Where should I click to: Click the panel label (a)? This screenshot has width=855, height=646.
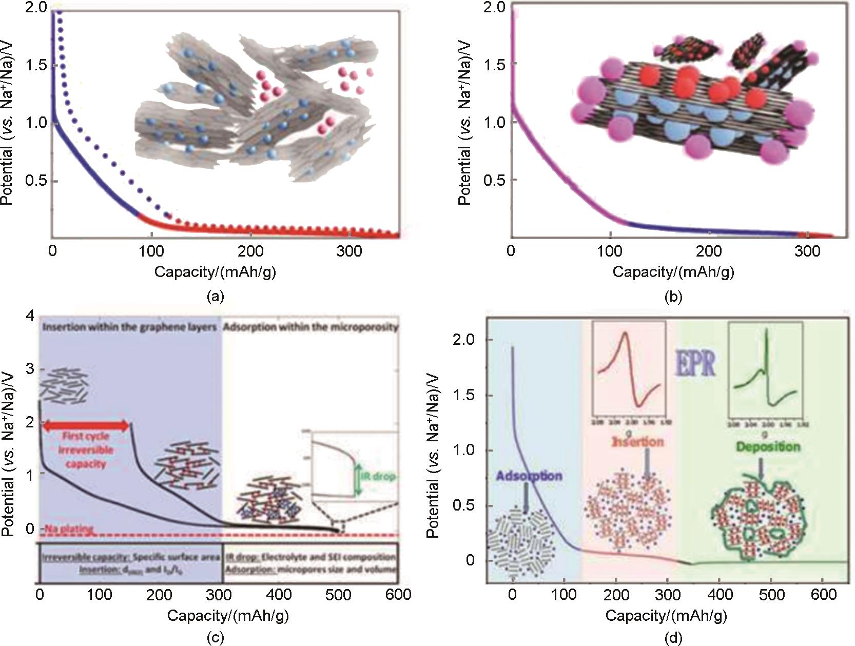point(215,296)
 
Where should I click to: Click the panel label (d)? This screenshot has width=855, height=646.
point(673,638)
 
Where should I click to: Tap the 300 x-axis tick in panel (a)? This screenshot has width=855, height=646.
point(351,251)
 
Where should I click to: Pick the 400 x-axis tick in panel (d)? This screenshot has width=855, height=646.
point(720,594)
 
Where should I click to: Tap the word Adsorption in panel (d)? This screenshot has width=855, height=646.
point(529,476)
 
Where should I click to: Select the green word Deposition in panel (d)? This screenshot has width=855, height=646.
point(768,446)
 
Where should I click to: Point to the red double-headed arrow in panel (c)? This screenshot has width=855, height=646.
point(86,425)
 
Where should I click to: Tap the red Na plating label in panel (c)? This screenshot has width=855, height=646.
point(69,529)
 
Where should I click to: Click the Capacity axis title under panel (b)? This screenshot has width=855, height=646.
point(673,272)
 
